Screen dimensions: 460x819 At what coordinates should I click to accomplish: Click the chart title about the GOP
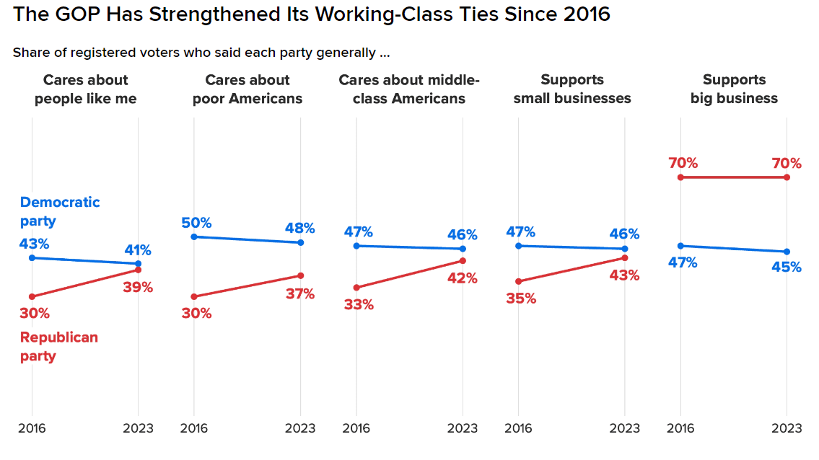click(x=312, y=14)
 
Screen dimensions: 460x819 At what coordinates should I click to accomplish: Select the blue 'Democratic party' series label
click(x=60, y=211)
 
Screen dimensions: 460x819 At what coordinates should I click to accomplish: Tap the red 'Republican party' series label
click(x=58, y=347)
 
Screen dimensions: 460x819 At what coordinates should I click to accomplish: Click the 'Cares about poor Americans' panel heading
click(x=248, y=89)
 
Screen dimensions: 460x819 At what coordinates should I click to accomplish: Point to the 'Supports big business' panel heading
click(x=734, y=89)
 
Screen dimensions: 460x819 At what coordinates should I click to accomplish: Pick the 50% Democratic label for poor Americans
click(x=196, y=223)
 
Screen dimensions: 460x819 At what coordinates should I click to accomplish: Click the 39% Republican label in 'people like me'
click(x=137, y=288)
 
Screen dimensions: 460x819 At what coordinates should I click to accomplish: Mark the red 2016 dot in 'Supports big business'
click(x=680, y=177)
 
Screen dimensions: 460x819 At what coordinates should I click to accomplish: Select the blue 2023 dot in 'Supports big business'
click(x=787, y=252)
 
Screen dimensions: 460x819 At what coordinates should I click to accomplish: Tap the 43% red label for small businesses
click(x=624, y=275)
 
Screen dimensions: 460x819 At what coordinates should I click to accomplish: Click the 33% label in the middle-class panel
click(x=359, y=305)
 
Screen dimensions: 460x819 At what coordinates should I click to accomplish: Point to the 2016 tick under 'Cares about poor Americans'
click(x=193, y=428)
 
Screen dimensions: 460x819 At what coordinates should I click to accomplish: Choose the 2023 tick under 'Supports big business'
click(x=787, y=428)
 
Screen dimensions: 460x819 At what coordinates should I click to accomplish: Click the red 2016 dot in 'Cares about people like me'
click(x=32, y=296)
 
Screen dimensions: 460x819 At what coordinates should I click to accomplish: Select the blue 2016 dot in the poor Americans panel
click(x=193, y=236)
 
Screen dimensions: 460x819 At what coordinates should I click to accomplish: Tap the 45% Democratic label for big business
click(x=786, y=267)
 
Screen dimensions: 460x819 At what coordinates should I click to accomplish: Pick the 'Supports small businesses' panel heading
click(x=572, y=89)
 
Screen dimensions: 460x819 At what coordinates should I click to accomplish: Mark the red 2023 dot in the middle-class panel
click(x=463, y=260)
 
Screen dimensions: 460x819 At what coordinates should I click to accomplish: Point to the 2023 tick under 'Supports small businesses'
click(x=624, y=428)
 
